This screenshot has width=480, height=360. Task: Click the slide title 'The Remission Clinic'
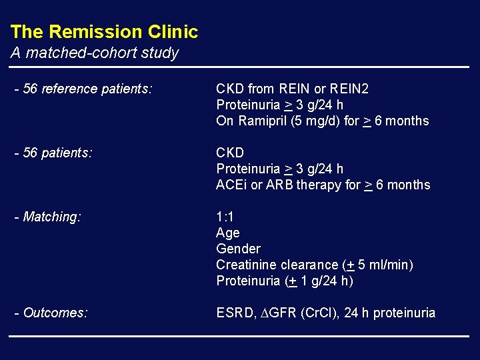104,32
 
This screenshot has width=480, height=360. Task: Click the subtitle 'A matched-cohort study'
94,53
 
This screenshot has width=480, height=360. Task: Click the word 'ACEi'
231,185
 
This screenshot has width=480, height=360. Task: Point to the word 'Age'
228,233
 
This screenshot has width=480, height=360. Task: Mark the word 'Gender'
238,249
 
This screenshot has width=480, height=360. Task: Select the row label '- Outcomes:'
51,313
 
